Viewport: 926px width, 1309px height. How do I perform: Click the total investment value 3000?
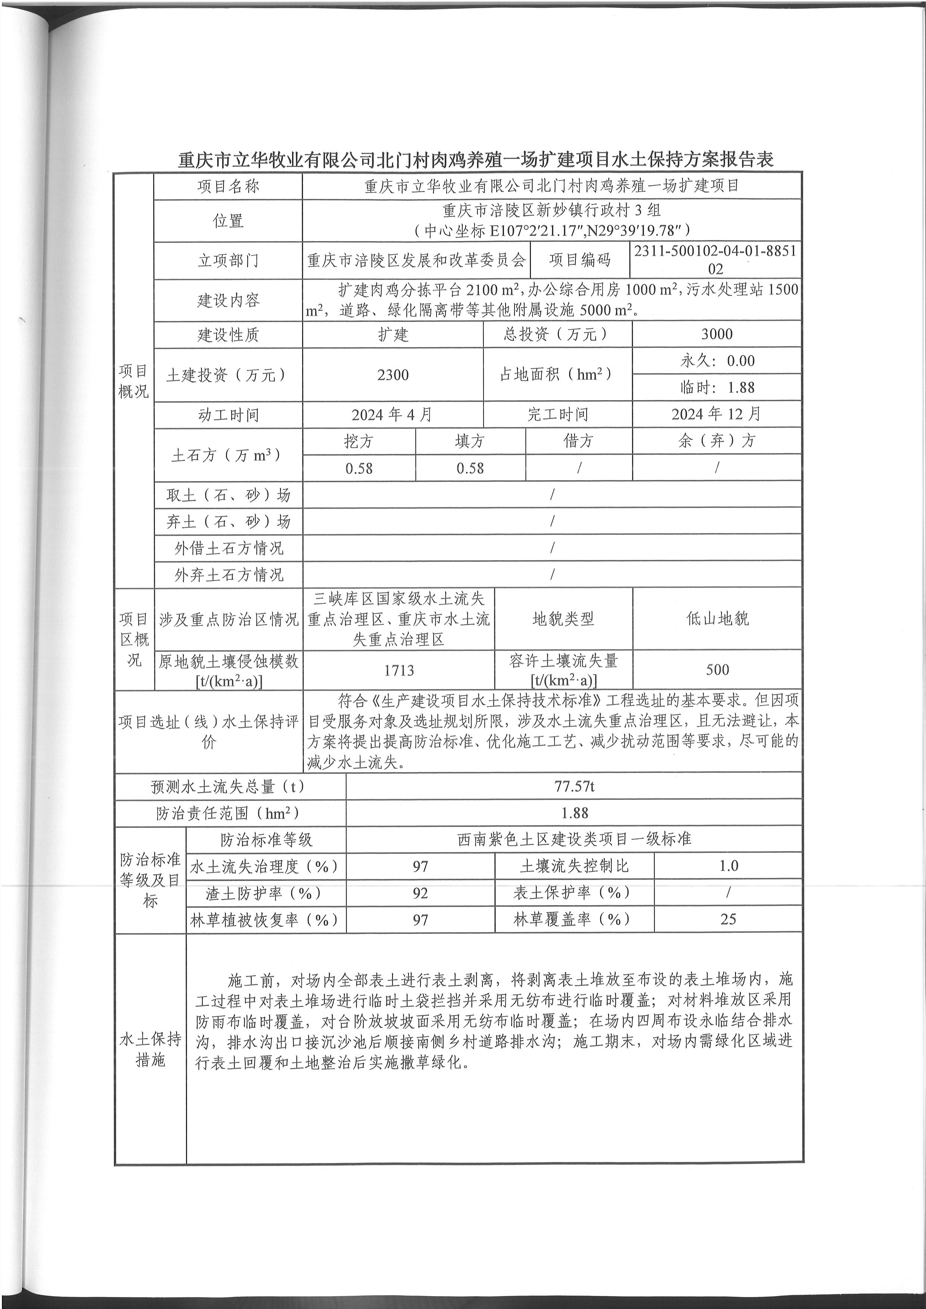click(x=717, y=334)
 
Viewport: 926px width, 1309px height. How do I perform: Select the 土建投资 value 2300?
click(x=393, y=375)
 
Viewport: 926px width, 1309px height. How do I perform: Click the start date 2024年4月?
click(x=392, y=414)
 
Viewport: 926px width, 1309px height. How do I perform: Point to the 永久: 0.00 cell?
click(x=717, y=361)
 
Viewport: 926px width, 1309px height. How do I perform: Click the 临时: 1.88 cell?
click(x=717, y=388)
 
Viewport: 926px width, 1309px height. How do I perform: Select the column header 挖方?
click(x=359, y=441)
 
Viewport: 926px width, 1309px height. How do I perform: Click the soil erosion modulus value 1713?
click(x=398, y=670)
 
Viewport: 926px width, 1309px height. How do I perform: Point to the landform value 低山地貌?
click(x=717, y=618)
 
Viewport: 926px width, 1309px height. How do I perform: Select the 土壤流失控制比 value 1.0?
click(x=728, y=866)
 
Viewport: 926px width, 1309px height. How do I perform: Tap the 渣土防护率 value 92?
click(x=420, y=893)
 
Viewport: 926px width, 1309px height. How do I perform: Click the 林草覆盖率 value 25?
click(x=728, y=919)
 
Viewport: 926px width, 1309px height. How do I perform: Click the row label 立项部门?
click(x=228, y=261)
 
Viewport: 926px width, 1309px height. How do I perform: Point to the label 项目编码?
click(x=579, y=261)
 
